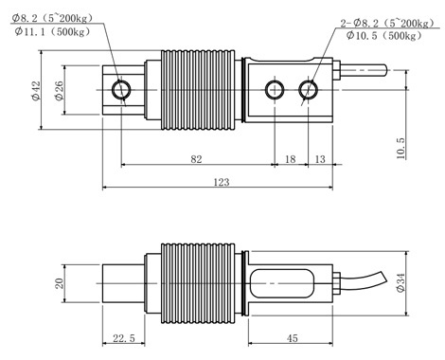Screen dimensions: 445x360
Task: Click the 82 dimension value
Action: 196,159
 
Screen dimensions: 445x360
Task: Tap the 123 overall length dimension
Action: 222,182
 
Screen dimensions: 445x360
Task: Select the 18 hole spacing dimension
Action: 291,159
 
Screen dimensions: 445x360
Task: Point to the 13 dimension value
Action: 320,159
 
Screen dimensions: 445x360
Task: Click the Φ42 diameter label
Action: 36,91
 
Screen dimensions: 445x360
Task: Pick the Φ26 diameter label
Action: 59,91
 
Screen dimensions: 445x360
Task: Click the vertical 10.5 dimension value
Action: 400,148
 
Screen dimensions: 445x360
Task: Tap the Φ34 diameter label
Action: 400,282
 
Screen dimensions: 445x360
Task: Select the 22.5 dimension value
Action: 124,338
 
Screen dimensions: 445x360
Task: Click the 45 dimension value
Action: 293,338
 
